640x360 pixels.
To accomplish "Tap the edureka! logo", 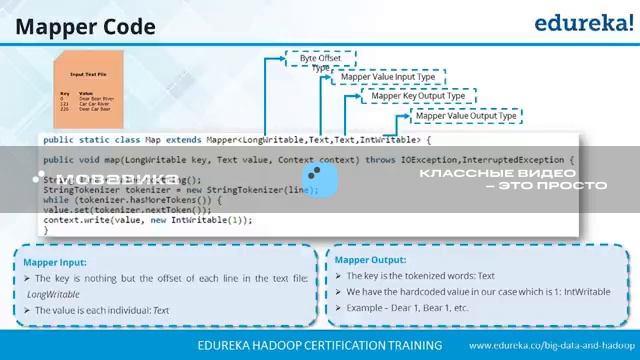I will pos(582,23).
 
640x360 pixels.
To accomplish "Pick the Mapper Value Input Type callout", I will pos(388,77).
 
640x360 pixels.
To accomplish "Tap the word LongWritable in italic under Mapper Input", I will pos(54,294).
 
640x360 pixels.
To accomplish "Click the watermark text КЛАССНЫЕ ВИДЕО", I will pos(512,172).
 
